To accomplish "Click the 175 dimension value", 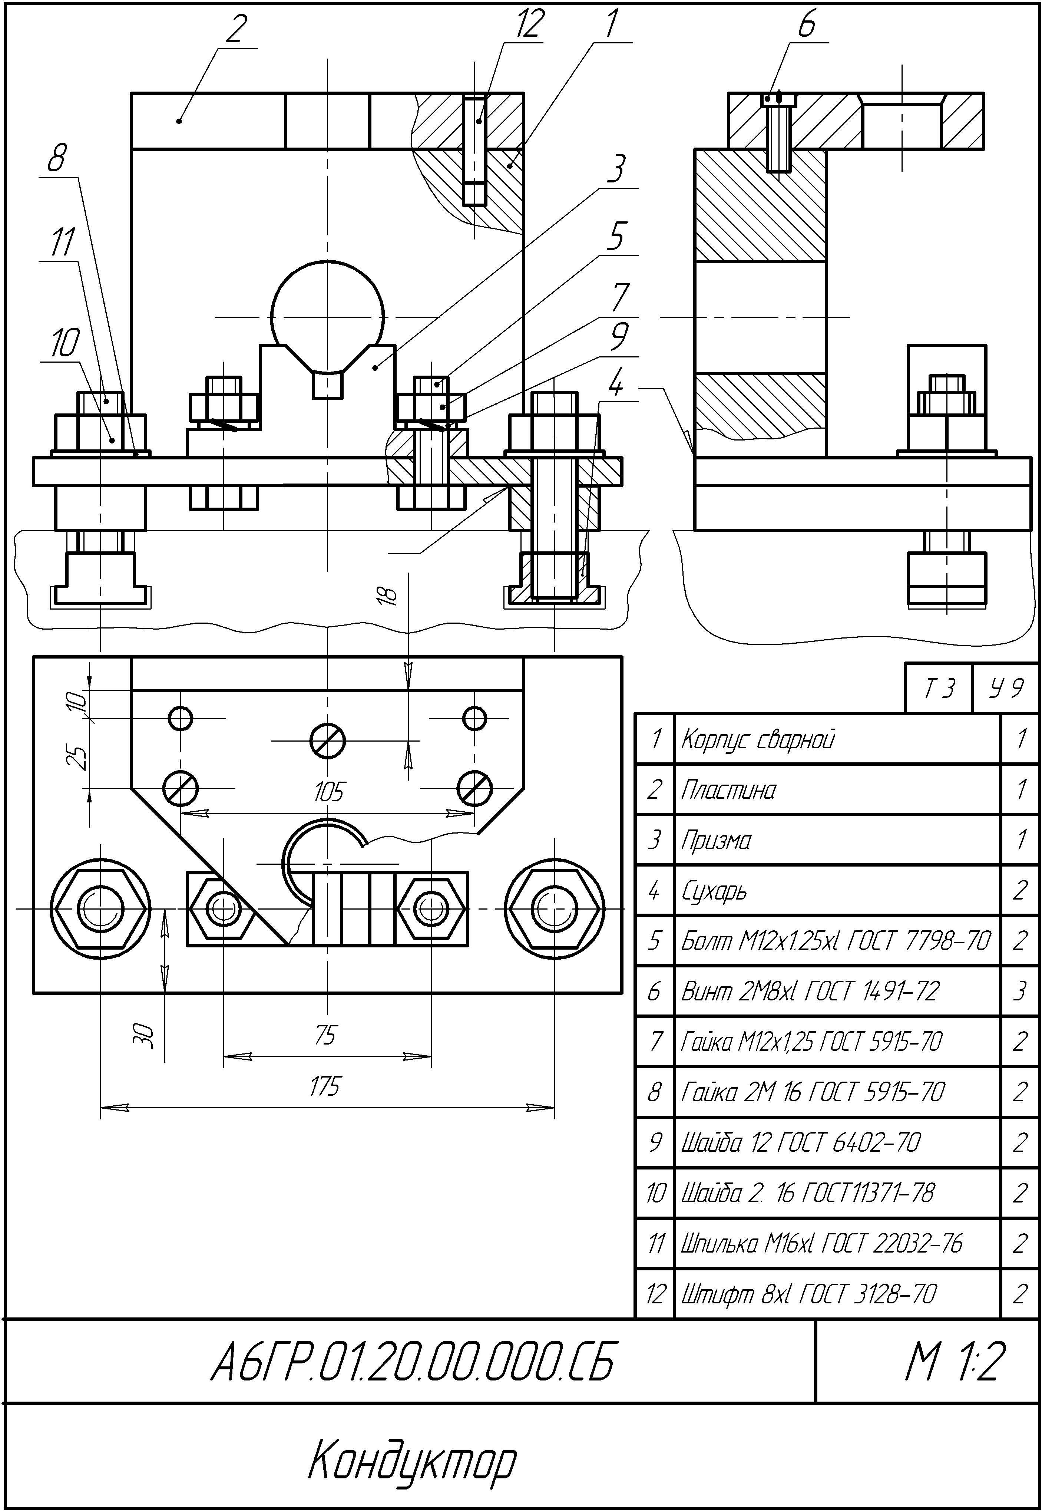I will pos(324,1086).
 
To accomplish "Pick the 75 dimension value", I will pos(325,1034).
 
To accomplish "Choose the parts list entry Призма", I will pos(716,840).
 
